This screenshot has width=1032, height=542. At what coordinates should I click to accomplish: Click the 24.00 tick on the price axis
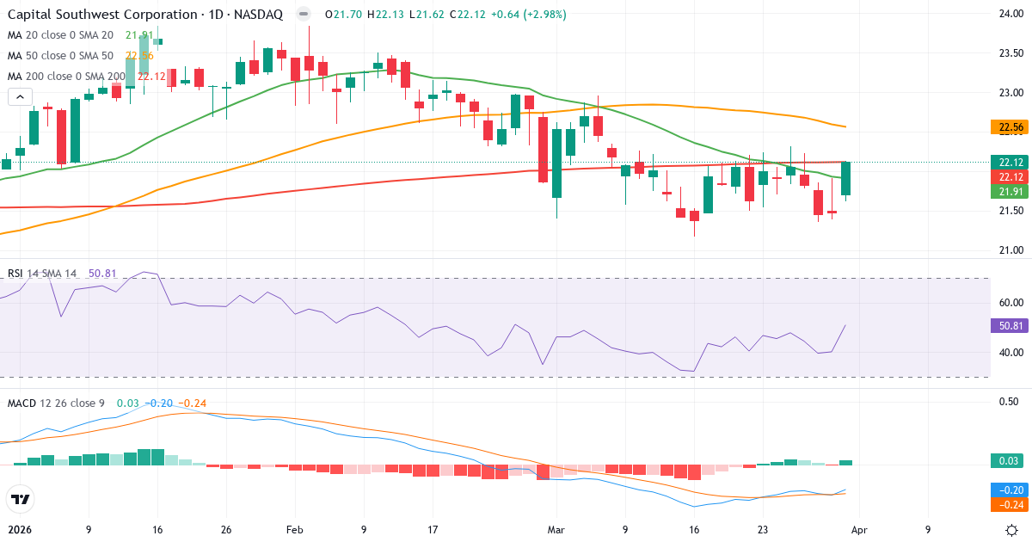coord(1009,14)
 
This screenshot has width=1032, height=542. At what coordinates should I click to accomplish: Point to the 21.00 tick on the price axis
coord(1009,250)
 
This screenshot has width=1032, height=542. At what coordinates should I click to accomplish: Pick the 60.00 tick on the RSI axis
coord(1010,303)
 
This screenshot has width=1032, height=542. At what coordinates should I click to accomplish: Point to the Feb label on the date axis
coord(295,530)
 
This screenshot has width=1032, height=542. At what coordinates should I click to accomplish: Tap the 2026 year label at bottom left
coord(21,530)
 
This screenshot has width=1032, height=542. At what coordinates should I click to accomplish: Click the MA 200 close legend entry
coord(67,77)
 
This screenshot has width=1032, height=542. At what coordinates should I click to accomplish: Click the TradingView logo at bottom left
coord(21,499)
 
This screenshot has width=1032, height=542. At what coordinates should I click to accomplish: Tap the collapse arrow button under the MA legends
coord(20,96)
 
